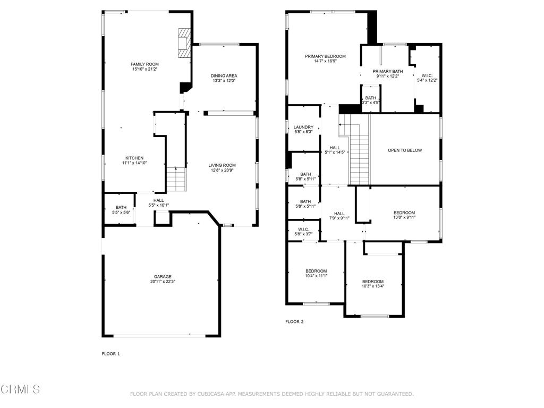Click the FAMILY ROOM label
pos(145,64)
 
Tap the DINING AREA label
pos(224,76)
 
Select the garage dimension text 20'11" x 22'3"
pos(163,282)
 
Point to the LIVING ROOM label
pos(222,165)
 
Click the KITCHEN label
pos(134,158)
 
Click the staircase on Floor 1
pos(176,180)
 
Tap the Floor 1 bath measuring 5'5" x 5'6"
pos(121,210)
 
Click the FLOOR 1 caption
pos(110,353)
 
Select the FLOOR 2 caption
pos(294,321)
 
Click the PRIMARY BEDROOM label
pos(325,56)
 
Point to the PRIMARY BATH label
pos(387,71)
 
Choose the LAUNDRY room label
pos(303,127)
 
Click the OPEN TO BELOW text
pos(405,150)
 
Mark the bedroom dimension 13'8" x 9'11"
pos(404,217)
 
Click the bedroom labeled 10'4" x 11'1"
pos(316,273)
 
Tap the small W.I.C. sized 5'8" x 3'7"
pos(303,232)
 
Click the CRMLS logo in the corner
pos(20,389)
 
